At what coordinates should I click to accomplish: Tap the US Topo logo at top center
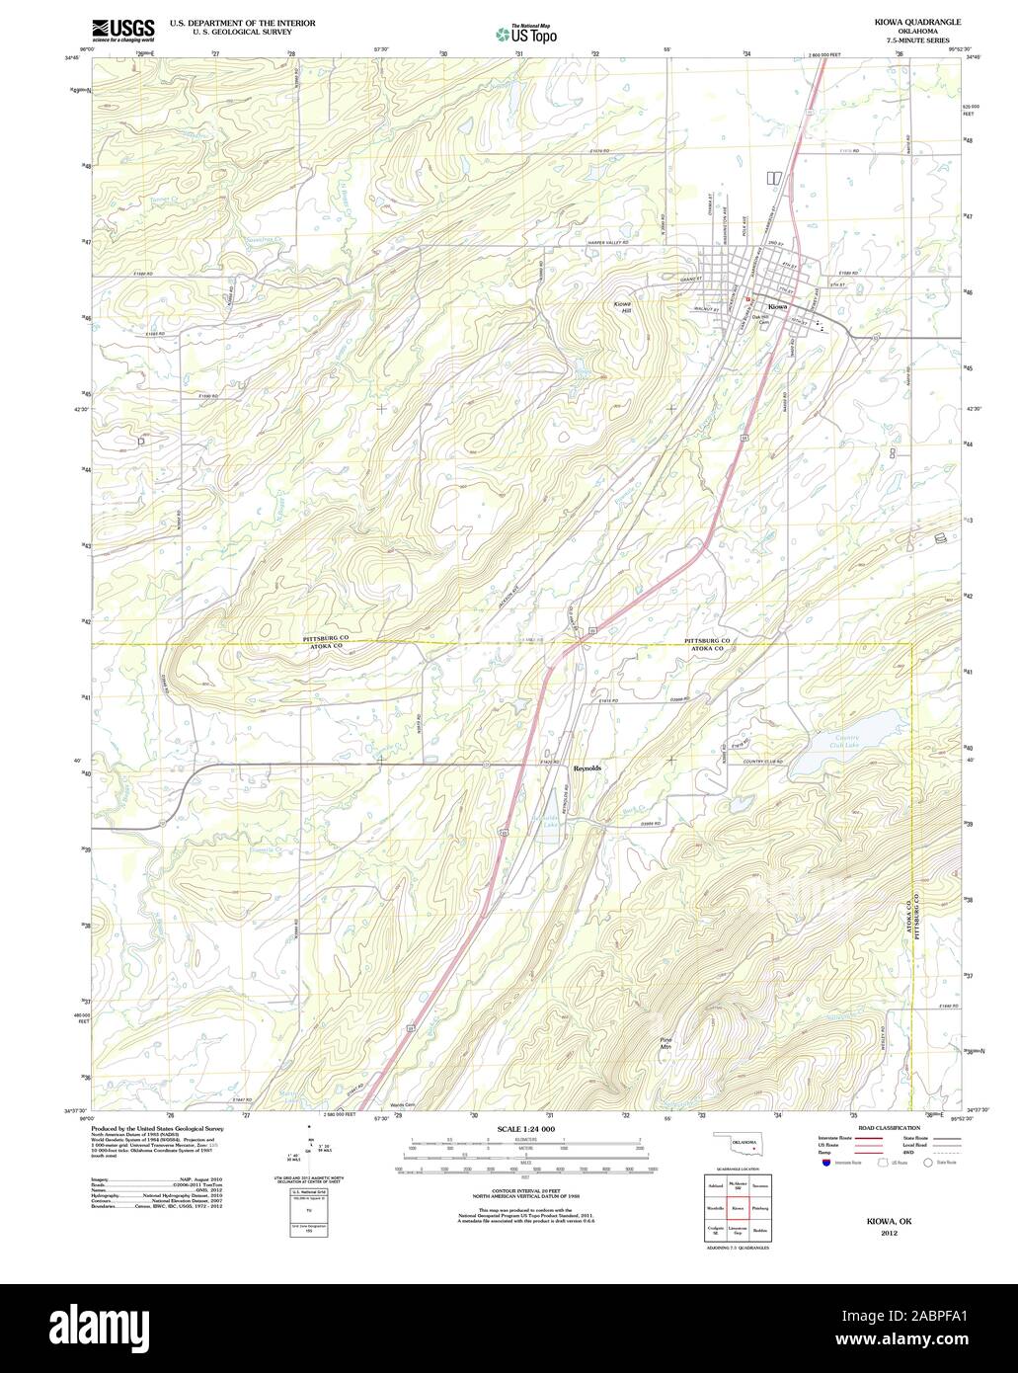coord(526,33)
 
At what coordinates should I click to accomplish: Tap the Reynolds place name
coord(587,767)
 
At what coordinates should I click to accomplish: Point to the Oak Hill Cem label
coord(760,320)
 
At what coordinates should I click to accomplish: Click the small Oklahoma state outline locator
coord(741,1147)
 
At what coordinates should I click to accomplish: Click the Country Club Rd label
coord(764,761)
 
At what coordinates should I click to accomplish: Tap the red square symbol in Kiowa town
coord(748,298)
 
